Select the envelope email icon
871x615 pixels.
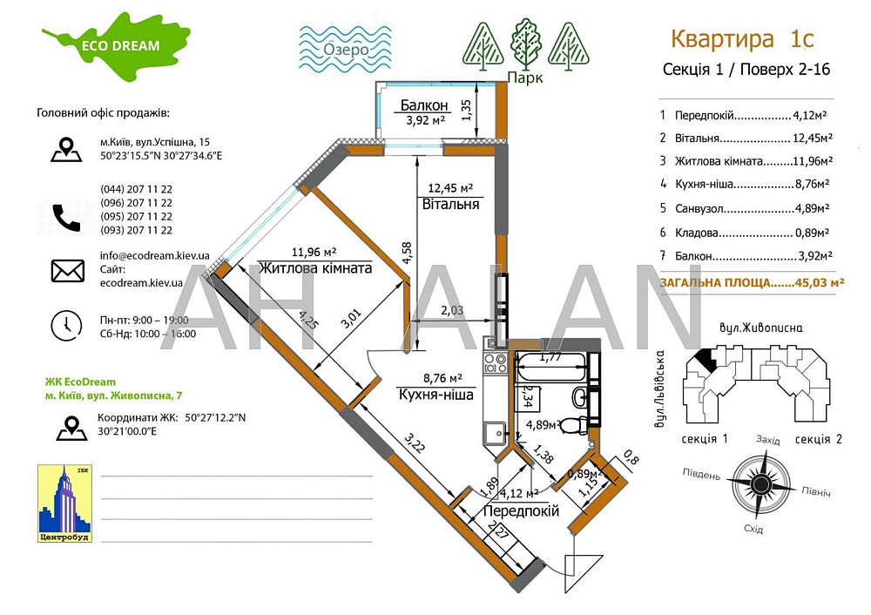pos(67,271)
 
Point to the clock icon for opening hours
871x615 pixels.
pos(66,325)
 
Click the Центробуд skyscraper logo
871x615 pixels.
pos(64,503)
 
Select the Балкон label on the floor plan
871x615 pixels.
pos(424,105)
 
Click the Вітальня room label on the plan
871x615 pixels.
pos(450,204)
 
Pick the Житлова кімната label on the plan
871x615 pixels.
pos(314,268)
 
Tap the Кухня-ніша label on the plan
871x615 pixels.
pos(435,394)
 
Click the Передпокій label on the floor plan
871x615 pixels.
pos(521,511)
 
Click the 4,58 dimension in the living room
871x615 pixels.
pos(408,253)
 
